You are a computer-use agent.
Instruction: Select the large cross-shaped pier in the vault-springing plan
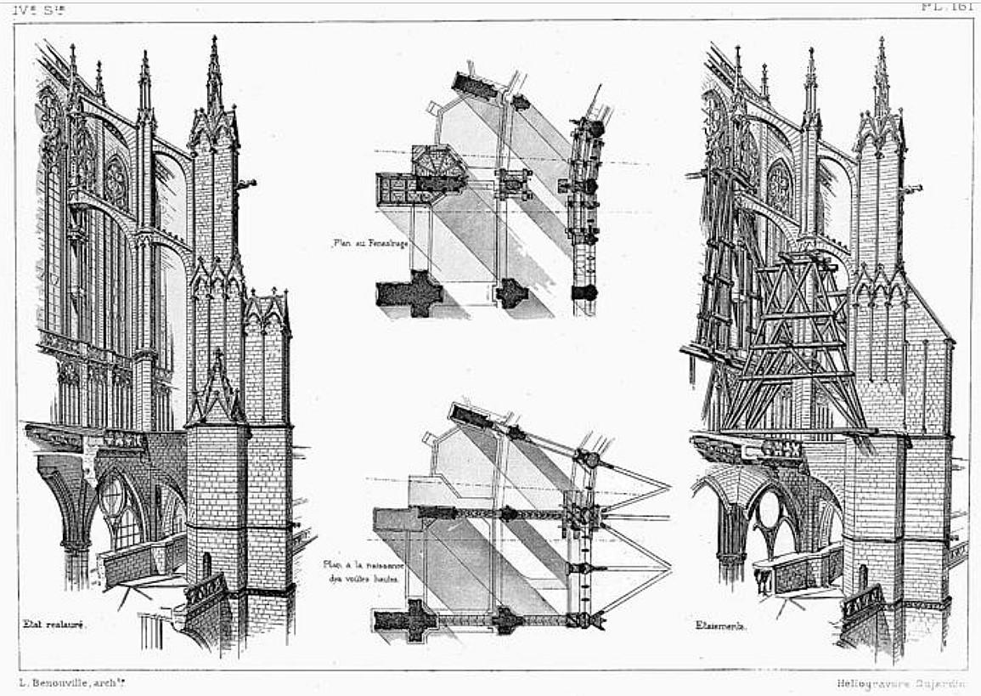coord(406,620)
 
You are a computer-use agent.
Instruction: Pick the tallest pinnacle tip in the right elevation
coord(881,41)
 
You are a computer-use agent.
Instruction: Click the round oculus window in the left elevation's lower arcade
coord(113,496)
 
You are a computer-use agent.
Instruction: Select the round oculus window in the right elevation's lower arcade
coord(770,508)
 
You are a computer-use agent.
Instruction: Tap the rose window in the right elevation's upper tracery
coord(780,186)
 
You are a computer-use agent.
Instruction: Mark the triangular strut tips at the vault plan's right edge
coord(667,489)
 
